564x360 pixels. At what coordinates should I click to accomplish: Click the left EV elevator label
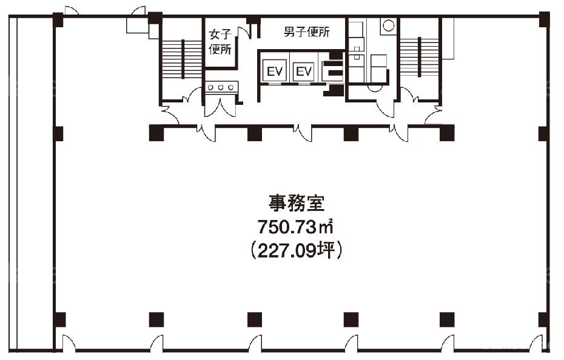[275, 72]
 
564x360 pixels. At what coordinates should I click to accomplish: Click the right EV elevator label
[304, 72]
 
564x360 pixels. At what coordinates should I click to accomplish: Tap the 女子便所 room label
[220, 42]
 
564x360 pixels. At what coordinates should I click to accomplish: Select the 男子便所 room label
[306, 32]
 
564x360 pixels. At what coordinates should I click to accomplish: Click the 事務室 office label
[297, 203]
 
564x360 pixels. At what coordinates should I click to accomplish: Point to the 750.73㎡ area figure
[295, 227]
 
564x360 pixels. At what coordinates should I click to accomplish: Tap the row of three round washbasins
[221, 87]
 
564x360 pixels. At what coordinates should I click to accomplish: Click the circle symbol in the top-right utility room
[388, 25]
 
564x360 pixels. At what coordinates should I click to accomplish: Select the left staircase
[182, 59]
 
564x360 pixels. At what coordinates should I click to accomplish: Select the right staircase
[419, 57]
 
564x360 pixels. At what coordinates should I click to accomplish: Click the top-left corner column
[58, 20]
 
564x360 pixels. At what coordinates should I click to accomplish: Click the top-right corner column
[545, 19]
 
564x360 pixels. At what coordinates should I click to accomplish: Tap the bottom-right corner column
[544, 320]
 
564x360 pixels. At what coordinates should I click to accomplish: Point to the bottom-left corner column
[59, 320]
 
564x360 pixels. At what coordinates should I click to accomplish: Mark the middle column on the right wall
[543, 134]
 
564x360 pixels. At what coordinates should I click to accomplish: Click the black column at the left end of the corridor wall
[156, 133]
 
